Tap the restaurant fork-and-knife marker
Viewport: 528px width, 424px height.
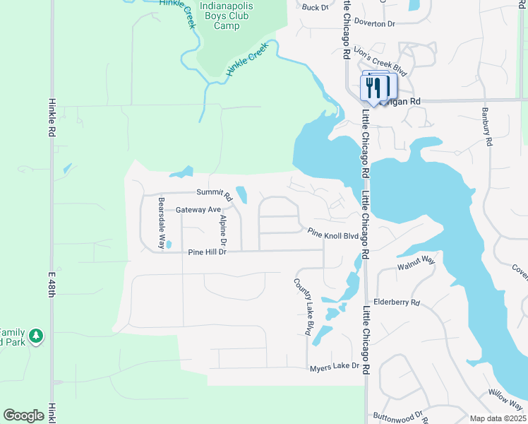tap(374, 88)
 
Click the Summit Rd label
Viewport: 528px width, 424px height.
tap(214, 192)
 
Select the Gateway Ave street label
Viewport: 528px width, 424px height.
tap(198, 210)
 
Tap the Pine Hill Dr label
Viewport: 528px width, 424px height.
tap(206, 252)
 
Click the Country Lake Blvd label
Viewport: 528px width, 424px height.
tap(308, 306)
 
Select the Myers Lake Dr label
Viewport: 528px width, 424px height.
tap(335, 366)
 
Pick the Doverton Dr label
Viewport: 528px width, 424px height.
tap(376, 23)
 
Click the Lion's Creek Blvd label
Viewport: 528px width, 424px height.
tap(382, 61)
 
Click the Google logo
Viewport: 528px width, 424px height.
tap(23, 416)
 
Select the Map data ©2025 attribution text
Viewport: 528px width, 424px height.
tap(497, 418)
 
